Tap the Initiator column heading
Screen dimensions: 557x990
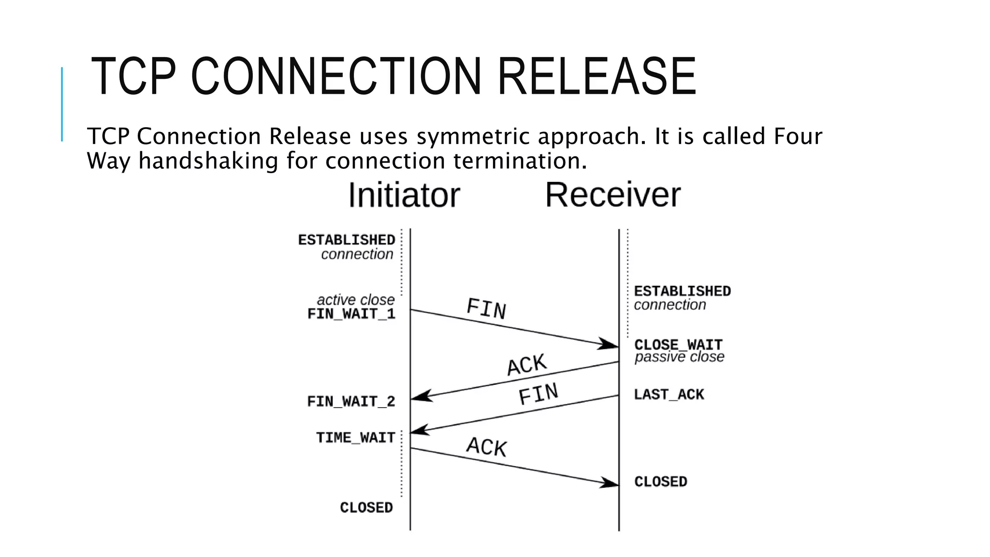click(404, 195)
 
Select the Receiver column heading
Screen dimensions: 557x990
click(612, 195)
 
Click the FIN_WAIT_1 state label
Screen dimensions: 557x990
click(351, 314)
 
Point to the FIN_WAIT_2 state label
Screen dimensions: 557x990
click(351, 402)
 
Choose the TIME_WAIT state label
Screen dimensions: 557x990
click(356, 438)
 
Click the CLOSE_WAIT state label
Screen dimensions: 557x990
click(678, 345)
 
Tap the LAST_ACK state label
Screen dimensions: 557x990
click(669, 395)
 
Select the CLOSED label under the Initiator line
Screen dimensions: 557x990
click(366, 508)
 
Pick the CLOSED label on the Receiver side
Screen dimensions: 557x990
click(660, 482)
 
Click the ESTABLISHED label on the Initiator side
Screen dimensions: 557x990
click(347, 240)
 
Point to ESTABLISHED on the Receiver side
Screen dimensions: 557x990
click(682, 292)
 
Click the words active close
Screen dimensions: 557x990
click(356, 300)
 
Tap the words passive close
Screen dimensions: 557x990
click(679, 357)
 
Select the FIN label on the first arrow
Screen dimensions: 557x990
click(486, 309)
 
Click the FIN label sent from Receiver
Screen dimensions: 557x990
click(538, 394)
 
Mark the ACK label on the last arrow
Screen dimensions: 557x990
click(486, 447)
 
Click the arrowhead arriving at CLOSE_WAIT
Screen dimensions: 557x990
click(608, 344)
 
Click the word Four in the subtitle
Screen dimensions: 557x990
click(798, 136)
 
